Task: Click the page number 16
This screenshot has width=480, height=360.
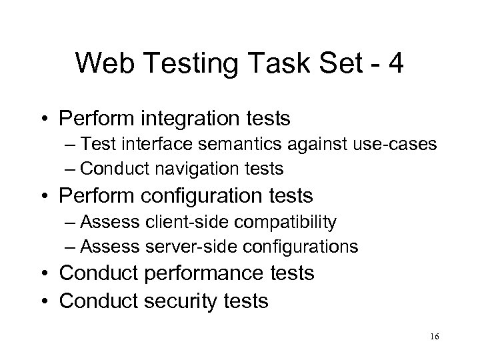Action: [435, 337]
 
